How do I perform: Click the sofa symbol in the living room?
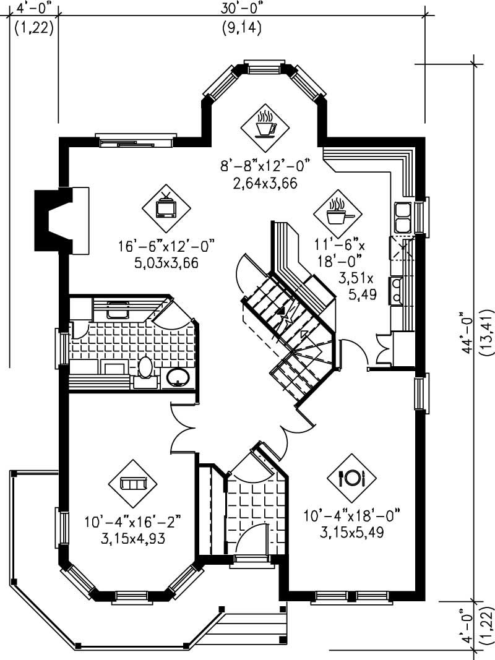point(132,482)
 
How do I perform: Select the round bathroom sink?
point(178,377)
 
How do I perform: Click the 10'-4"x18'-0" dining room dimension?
point(352,515)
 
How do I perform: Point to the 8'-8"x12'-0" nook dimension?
point(264,165)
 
